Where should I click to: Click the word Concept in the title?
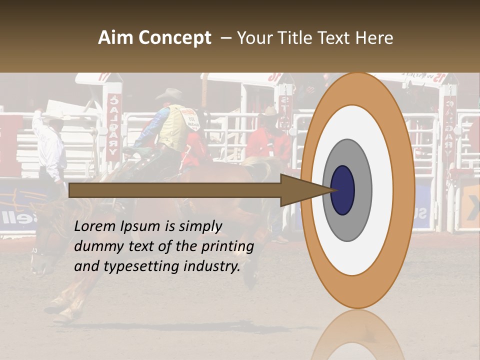coord(174,38)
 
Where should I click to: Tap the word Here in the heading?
coord(374,38)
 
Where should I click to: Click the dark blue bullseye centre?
coord(342,190)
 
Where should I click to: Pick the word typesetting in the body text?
coord(142,267)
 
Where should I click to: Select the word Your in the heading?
coord(253,38)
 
